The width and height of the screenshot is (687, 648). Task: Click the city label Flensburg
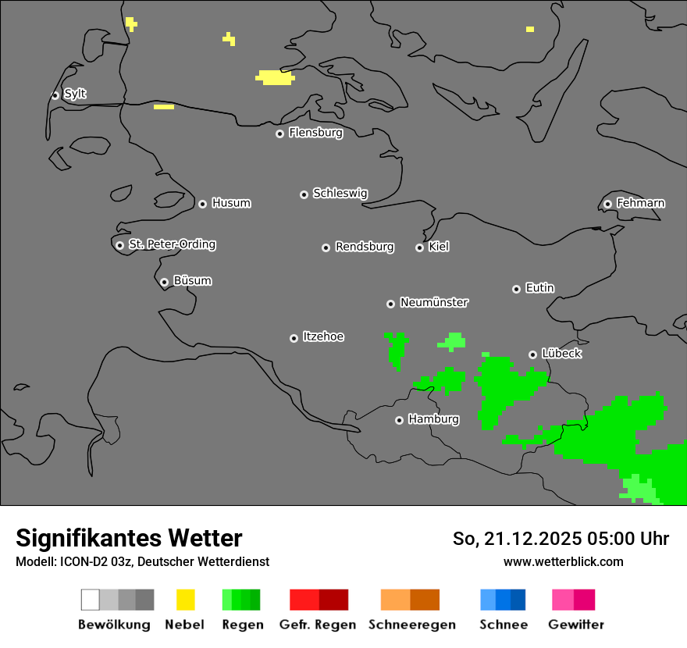click(x=315, y=133)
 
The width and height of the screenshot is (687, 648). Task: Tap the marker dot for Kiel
click(x=419, y=247)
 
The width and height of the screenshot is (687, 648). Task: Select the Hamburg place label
click(x=433, y=419)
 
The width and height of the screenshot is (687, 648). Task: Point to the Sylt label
click(x=75, y=94)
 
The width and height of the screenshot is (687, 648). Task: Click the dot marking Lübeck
click(x=532, y=354)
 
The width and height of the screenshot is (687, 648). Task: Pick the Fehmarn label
click(x=640, y=203)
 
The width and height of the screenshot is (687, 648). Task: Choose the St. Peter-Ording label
click(x=172, y=244)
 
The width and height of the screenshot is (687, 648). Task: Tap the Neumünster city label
click(x=434, y=302)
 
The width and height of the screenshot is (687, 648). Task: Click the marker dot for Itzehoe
click(x=294, y=338)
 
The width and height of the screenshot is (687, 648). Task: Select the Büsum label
click(x=192, y=281)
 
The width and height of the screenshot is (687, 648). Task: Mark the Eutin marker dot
click(x=516, y=289)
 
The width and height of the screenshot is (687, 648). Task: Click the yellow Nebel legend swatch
click(x=185, y=600)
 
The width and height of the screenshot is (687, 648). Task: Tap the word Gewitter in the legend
click(x=576, y=625)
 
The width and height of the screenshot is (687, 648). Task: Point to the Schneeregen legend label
click(x=412, y=625)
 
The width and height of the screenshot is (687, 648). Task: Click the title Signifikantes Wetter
click(x=129, y=538)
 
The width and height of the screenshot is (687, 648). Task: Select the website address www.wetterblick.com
click(x=563, y=561)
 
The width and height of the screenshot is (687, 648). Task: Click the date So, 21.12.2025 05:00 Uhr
click(x=561, y=539)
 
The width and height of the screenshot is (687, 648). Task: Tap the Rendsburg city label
click(x=365, y=247)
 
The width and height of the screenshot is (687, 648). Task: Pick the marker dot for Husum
click(x=202, y=204)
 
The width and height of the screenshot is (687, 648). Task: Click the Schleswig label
click(x=340, y=193)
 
